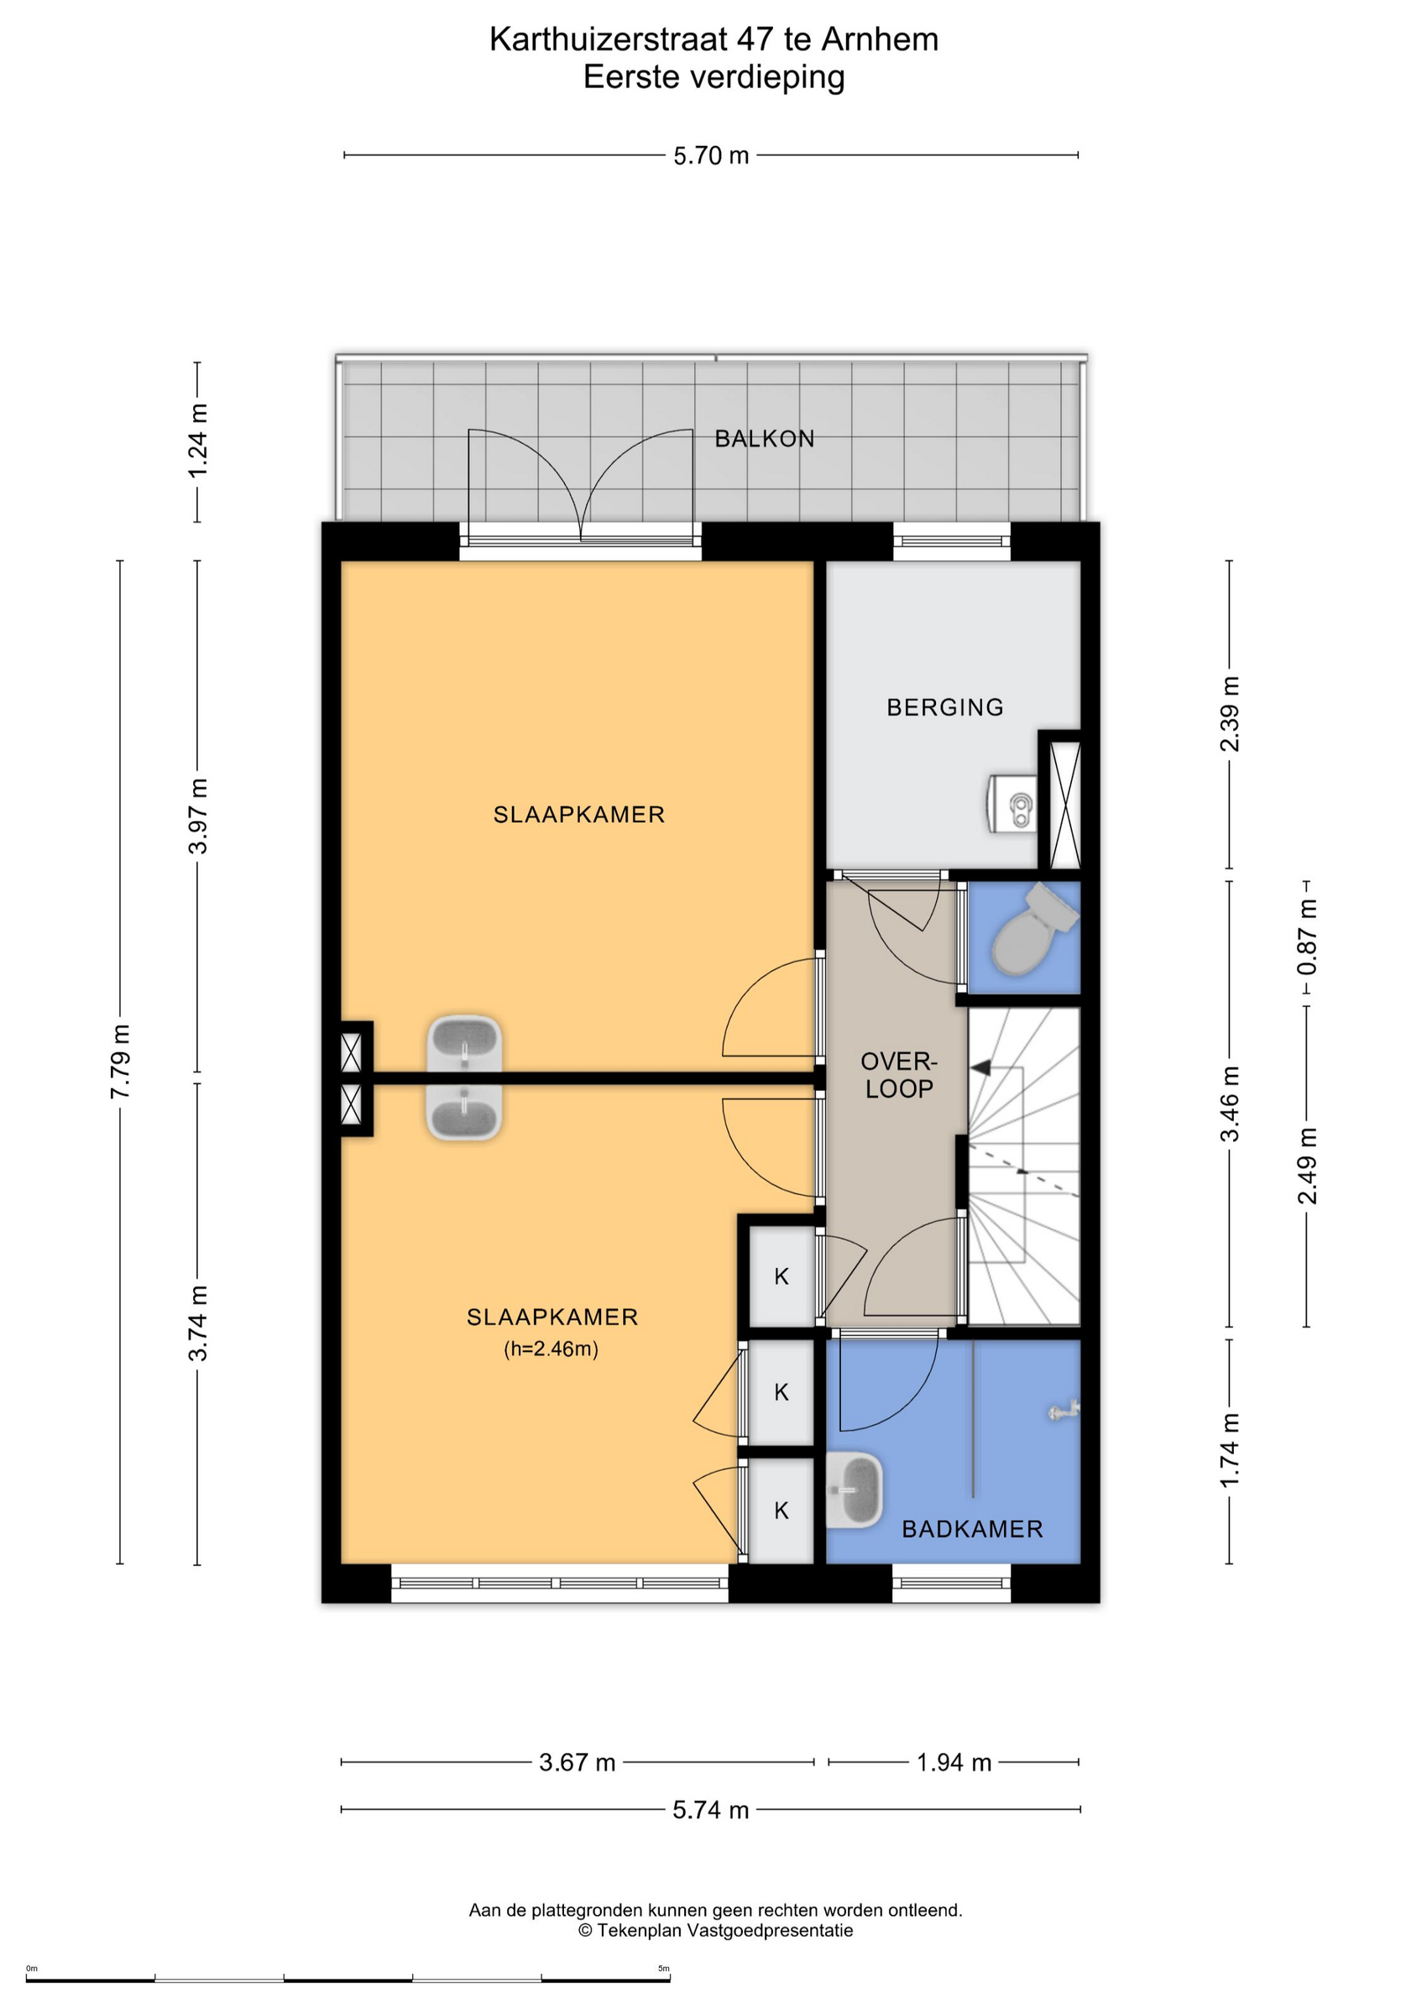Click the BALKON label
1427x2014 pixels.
tap(764, 438)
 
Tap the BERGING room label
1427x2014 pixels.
tap(944, 707)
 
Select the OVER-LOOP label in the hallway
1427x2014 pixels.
tap(899, 1075)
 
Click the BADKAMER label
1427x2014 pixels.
tap(973, 1529)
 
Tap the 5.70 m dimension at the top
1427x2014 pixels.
tap(711, 155)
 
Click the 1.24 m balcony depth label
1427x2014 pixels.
tap(198, 441)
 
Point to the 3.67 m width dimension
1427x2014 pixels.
tap(578, 1762)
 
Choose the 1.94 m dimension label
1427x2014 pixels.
tap(954, 1762)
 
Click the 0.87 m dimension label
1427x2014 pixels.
tap(1307, 937)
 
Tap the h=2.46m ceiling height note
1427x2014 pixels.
tap(551, 1349)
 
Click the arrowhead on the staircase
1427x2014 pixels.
tap(980, 1067)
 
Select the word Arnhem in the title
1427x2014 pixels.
tap(880, 39)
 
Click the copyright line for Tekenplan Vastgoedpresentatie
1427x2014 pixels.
tap(715, 1930)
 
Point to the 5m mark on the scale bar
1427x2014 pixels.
tap(663, 1969)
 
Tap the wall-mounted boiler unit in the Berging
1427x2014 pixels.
tap(1012, 803)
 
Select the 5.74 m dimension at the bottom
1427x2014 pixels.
tap(711, 1809)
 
